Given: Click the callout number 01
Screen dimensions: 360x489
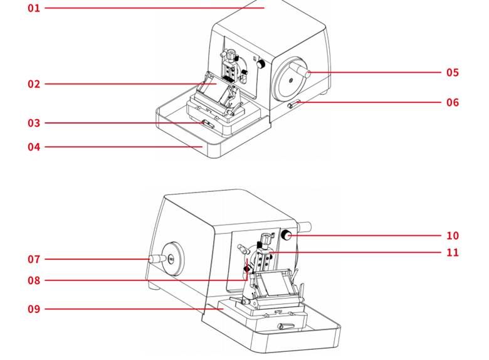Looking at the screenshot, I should click(33, 8).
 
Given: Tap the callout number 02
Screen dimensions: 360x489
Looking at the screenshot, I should click(33, 84).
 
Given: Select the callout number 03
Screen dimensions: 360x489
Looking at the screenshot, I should click(33, 123).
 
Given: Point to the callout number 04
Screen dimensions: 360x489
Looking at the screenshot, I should click(33, 147).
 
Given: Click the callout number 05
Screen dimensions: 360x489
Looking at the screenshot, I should click(453, 72).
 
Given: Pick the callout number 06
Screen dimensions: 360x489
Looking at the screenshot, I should click(453, 102).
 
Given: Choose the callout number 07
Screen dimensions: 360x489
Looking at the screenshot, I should click(33, 259).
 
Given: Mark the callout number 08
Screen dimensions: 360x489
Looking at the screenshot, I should click(33, 280).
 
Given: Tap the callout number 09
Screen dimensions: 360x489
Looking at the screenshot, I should click(33, 309).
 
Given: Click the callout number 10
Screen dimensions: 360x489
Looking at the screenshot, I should click(453, 236).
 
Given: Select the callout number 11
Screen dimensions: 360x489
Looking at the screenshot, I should click(453, 252).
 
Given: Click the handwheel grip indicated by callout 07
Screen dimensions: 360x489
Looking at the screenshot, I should click(153, 258).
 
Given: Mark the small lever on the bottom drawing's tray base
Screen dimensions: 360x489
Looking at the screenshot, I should click(285, 325).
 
